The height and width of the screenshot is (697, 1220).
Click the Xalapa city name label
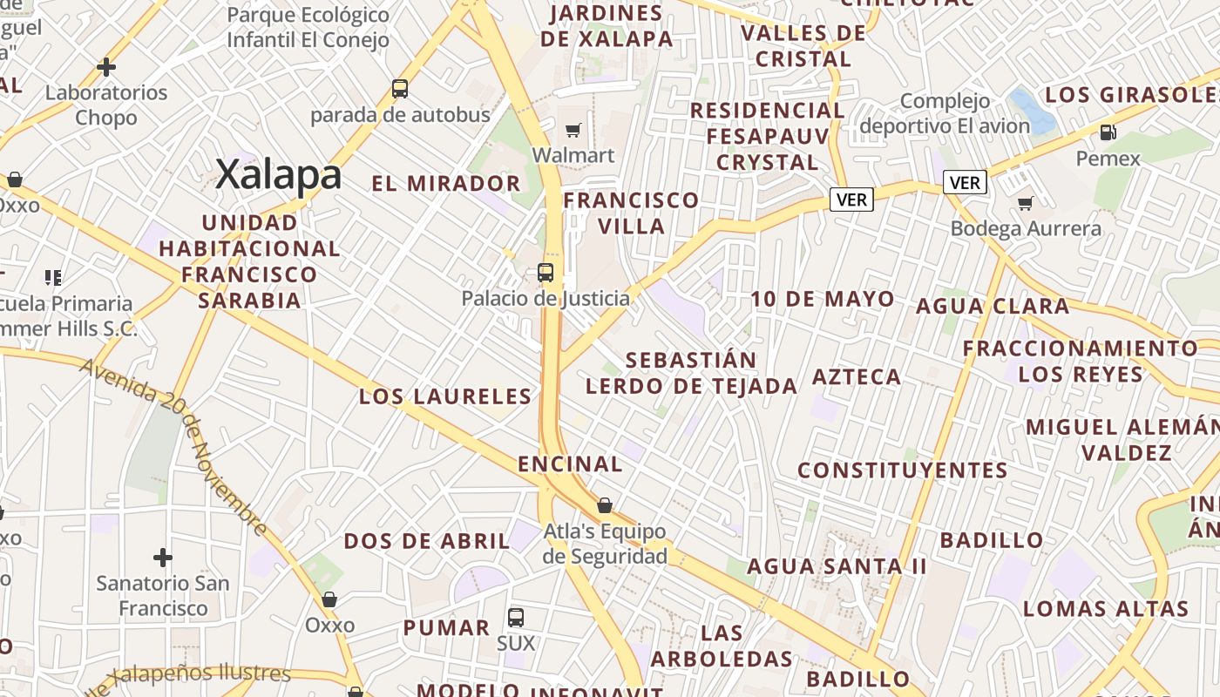pos(278,174)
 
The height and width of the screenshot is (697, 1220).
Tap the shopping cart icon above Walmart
pos(573,131)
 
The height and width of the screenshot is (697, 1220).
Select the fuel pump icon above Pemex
pos(1108,132)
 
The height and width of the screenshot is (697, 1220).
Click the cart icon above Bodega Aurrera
pos(1026,203)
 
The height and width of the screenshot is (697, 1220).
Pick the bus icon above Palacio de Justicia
pos(546,273)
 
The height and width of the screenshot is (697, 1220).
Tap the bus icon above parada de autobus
pos(400,89)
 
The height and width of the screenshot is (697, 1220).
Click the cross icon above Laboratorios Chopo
pos(106,67)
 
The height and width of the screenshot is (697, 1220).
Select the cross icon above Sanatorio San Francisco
pos(163,557)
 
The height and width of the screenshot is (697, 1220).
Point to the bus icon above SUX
pos(516,618)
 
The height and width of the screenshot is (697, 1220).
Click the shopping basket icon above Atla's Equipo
pos(605,505)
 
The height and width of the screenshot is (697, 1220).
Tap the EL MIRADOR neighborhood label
pos(445,184)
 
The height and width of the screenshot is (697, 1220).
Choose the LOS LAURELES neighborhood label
pos(445,397)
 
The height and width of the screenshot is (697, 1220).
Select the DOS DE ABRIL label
pos(427,541)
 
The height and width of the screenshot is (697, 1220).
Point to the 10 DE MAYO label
pos(823,300)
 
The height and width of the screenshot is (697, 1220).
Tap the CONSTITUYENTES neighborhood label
pos(903,470)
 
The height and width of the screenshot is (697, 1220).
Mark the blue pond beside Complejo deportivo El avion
pos(1034,111)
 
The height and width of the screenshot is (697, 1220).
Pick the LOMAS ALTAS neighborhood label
pos(1106,609)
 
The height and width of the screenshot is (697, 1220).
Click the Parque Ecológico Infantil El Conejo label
pos(308,28)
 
